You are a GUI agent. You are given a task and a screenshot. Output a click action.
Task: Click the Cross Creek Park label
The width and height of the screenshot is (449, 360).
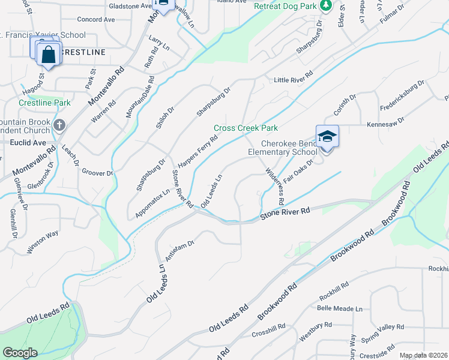[x=246, y=128]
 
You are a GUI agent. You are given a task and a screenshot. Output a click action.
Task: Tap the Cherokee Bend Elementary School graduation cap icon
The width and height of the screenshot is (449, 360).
[x=327, y=136]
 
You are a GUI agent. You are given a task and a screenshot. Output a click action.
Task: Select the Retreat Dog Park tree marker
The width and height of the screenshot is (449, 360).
[x=325, y=6]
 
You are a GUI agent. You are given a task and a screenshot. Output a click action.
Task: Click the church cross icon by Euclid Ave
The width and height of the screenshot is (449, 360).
[x=59, y=125]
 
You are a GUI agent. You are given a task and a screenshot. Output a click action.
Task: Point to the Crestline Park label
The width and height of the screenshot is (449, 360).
[x=44, y=103]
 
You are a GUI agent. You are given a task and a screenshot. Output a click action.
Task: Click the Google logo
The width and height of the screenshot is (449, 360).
[x=20, y=353]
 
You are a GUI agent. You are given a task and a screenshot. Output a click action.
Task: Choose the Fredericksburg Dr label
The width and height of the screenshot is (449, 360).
[x=402, y=95]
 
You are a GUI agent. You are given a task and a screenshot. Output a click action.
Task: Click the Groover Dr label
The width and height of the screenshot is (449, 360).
[x=97, y=172]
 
